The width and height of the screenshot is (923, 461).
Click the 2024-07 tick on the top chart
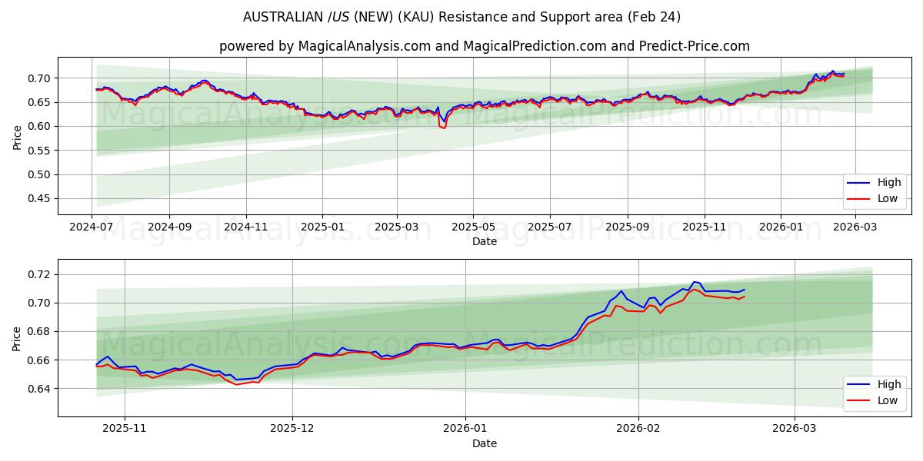click(92, 227)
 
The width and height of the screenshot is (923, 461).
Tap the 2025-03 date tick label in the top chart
click(397, 227)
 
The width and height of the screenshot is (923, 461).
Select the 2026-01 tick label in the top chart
click(781, 227)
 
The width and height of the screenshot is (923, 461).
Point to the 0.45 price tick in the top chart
click(39, 198)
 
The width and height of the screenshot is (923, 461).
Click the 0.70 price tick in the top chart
click(39, 78)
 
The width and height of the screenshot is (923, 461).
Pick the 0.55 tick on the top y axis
click(39, 151)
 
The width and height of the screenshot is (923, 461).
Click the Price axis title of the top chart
click(17, 138)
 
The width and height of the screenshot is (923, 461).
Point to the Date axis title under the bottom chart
click(485, 443)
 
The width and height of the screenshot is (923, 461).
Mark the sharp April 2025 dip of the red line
click(444, 128)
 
